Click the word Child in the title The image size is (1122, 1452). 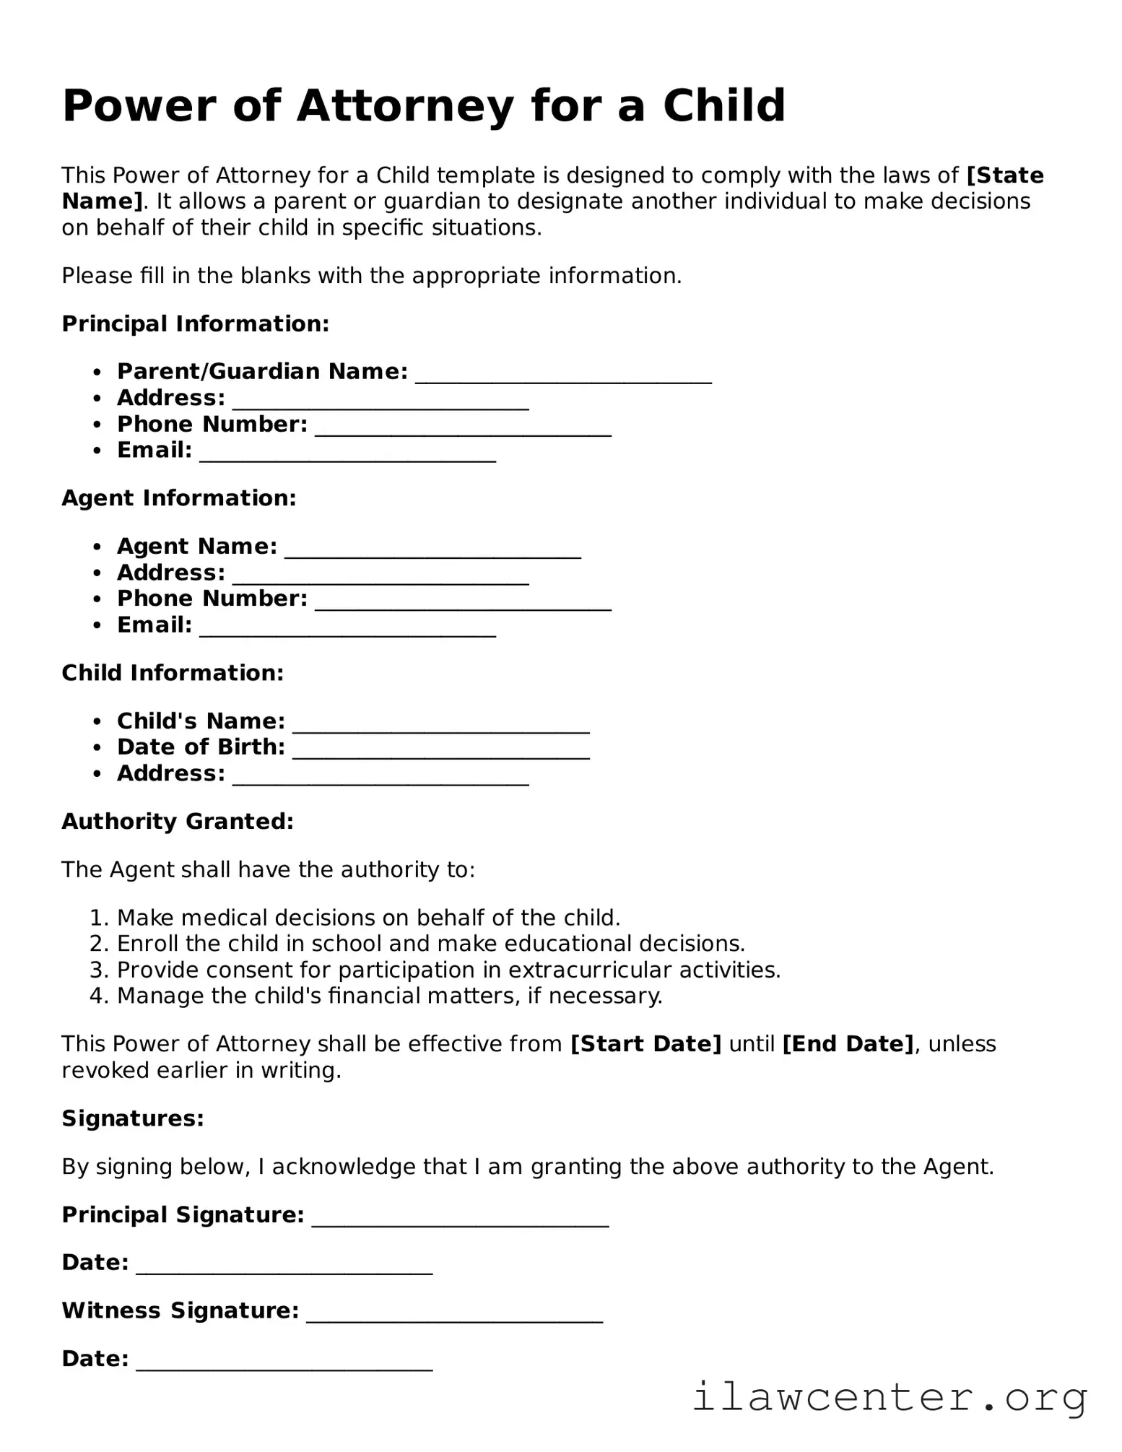[723, 106]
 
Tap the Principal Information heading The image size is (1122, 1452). [196, 323]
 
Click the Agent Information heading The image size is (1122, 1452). [179, 498]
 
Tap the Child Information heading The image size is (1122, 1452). [173, 673]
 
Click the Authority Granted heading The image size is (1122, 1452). [178, 822]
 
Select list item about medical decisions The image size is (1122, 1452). [368, 918]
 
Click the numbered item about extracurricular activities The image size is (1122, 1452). [448, 970]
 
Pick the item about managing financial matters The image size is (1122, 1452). [389, 996]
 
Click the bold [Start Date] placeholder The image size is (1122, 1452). [645, 1044]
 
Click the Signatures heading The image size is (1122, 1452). [133, 1118]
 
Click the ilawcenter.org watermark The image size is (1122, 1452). [890, 1397]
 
